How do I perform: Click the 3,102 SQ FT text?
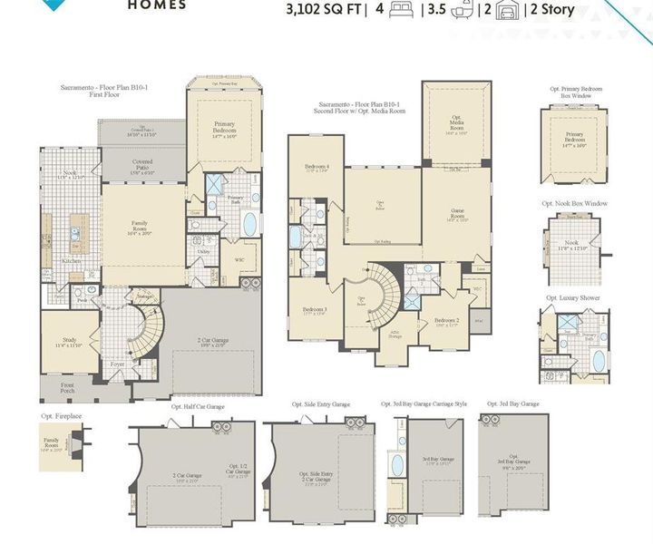[323, 11]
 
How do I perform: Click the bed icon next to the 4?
[397, 11]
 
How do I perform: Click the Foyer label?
[118, 364]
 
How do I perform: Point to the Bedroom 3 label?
[315, 311]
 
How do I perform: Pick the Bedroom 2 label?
[445, 321]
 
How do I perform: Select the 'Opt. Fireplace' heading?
[61, 416]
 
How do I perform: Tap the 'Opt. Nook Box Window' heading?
[571, 203]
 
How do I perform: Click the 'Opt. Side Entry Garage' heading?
[321, 405]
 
